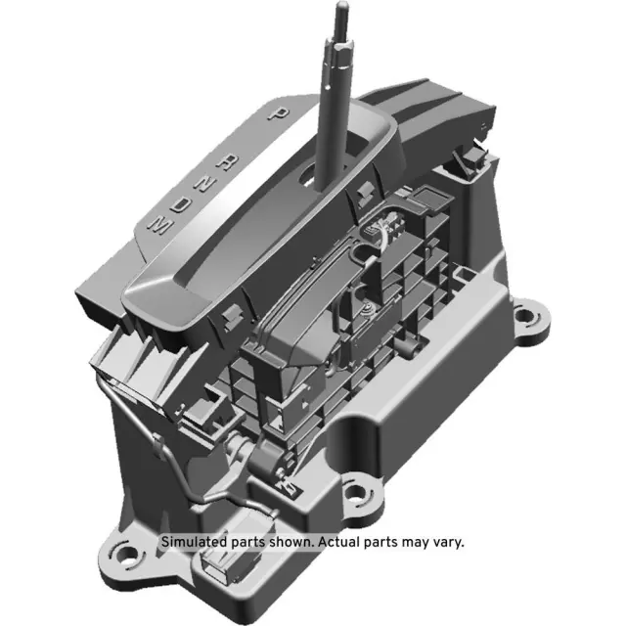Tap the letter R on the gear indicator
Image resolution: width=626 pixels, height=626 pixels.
point(228,162)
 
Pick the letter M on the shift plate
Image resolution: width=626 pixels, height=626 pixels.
point(156,225)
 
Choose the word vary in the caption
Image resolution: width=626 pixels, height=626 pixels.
point(445,541)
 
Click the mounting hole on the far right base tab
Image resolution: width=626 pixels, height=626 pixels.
point(529,318)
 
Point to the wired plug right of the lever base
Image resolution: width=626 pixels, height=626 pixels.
point(378,234)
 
